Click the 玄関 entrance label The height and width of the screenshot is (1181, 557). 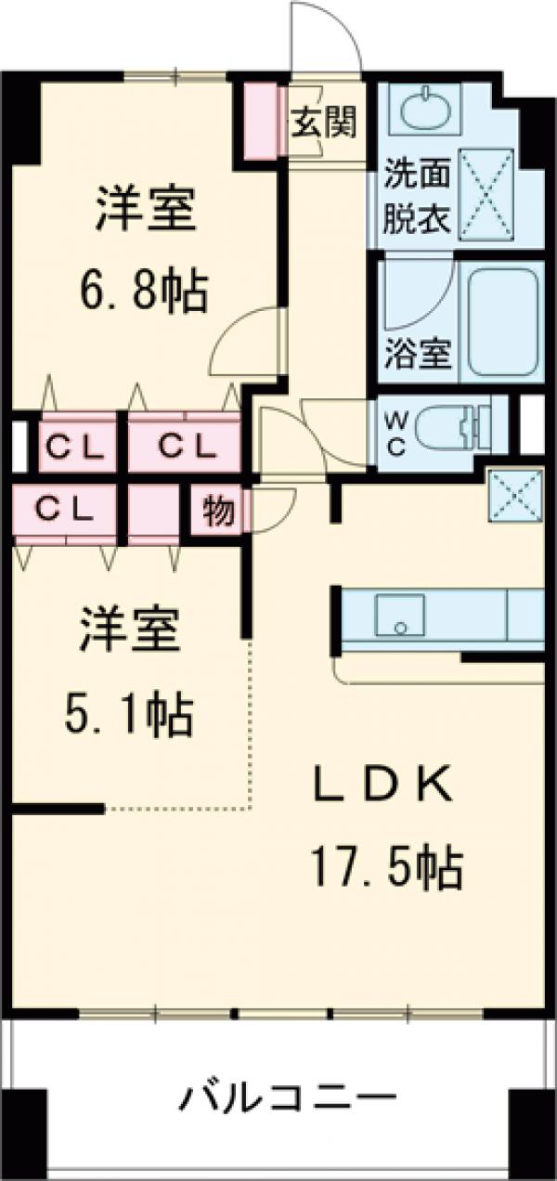(x=325, y=123)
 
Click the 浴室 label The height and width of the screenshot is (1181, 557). (x=418, y=353)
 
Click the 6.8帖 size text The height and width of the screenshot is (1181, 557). (x=142, y=292)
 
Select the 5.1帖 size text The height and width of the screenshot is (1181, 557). (x=129, y=714)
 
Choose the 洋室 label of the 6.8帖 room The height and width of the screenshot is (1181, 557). (x=145, y=213)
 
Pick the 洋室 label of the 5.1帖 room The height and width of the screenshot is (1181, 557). (x=129, y=633)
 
